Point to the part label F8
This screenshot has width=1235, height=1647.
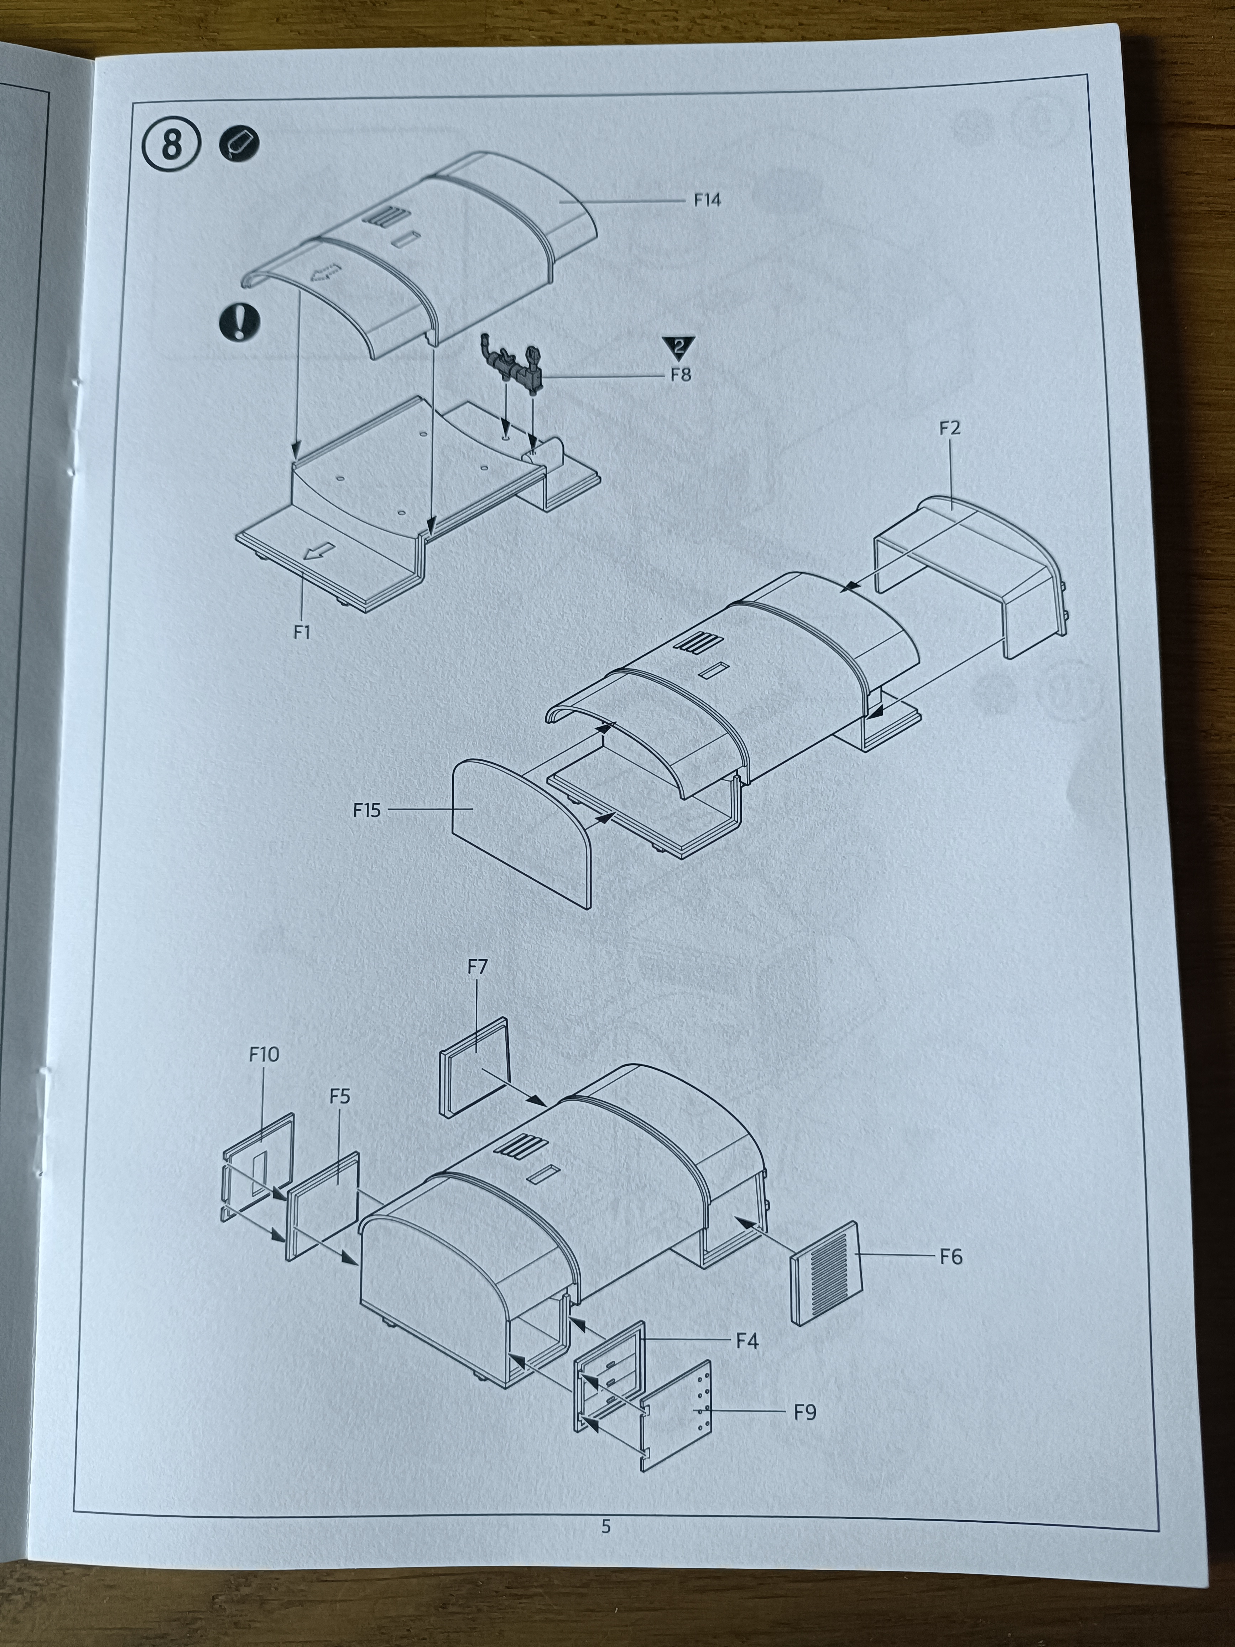tap(681, 374)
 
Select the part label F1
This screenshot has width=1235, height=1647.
tap(302, 632)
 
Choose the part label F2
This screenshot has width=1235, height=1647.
tap(950, 428)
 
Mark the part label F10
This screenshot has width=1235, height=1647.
tap(264, 1054)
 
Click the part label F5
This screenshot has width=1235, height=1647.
tap(339, 1096)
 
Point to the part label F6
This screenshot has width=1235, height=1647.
tap(950, 1257)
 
